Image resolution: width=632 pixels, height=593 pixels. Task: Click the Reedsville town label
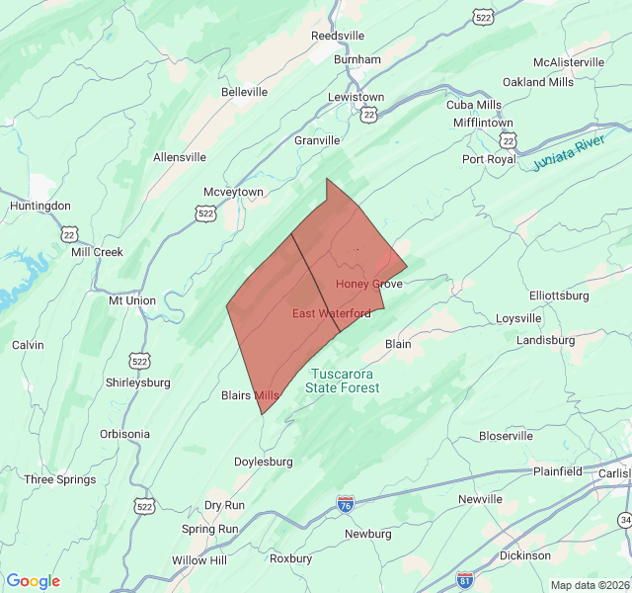tap(338, 36)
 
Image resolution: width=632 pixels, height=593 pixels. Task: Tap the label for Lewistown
tap(356, 97)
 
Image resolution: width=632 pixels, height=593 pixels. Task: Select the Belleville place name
tap(244, 92)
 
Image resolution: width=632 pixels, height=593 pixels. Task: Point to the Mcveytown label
tap(233, 192)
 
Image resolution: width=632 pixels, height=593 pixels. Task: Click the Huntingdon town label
tap(39, 206)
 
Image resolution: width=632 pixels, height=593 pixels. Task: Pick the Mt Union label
tap(132, 300)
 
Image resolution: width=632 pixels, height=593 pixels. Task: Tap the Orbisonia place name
tap(124, 434)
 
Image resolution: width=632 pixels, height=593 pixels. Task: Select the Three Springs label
tap(60, 479)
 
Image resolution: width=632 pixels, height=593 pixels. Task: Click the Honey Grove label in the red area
tap(369, 284)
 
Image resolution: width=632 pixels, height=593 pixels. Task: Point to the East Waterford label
tap(332, 313)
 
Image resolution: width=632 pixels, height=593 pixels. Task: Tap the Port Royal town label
tap(489, 159)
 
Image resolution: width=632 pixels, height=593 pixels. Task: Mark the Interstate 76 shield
tap(346, 504)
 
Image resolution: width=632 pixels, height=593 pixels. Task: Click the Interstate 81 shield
tap(464, 578)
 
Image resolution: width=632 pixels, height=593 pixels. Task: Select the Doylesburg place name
tap(263, 462)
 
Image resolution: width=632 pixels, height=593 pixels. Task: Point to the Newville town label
tap(480, 499)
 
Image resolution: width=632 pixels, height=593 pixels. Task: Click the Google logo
tap(33, 581)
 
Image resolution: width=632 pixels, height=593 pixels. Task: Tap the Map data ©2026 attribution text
tap(588, 585)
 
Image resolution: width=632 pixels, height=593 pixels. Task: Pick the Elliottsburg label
tap(559, 296)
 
